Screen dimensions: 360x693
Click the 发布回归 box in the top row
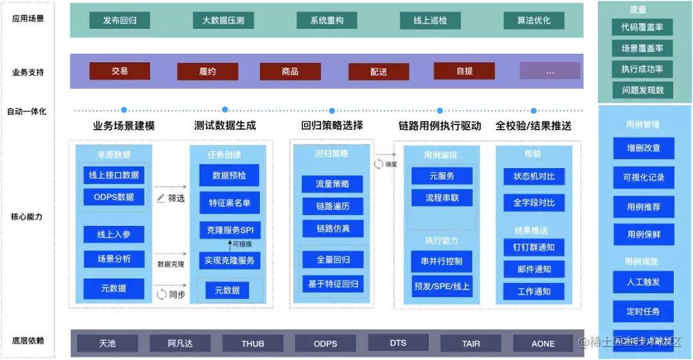click(120, 21)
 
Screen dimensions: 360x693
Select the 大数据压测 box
click(223, 21)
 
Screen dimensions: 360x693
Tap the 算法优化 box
click(534, 21)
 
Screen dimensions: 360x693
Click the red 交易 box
click(120, 71)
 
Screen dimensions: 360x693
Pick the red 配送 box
click(379, 71)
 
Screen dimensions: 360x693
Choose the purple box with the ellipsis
click(550, 71)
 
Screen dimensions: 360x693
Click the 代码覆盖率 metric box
click(642, 27)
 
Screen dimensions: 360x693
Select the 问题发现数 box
click(642, 90)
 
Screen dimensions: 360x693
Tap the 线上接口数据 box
click(114, 175)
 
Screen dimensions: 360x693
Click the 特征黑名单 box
click(229, 203)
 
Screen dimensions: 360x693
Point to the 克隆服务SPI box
click(229, 230)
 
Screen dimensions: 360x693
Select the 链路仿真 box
click(332, 228)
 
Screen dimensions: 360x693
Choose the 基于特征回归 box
click(332, 284)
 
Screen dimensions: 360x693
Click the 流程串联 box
click(442, 198)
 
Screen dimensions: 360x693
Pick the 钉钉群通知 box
click(534, 247)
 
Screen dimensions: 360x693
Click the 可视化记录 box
click(644, 178)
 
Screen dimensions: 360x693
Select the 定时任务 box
click(644, 312)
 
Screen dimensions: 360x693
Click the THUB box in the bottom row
click(253, 343)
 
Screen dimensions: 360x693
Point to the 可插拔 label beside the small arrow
click(243, 244)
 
